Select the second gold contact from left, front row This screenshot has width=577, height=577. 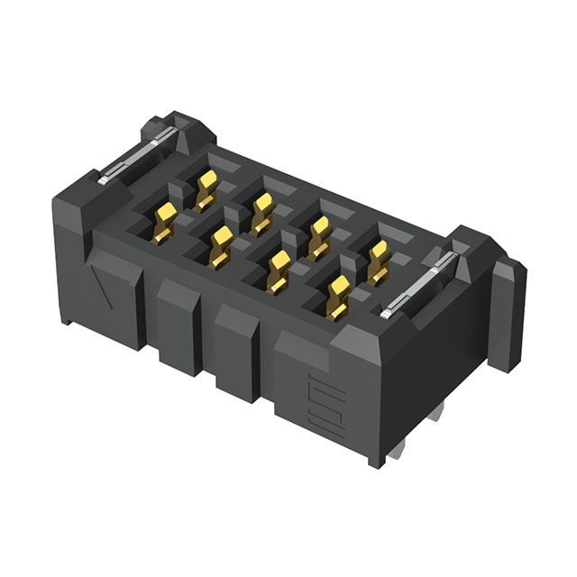tap(220, 244)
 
